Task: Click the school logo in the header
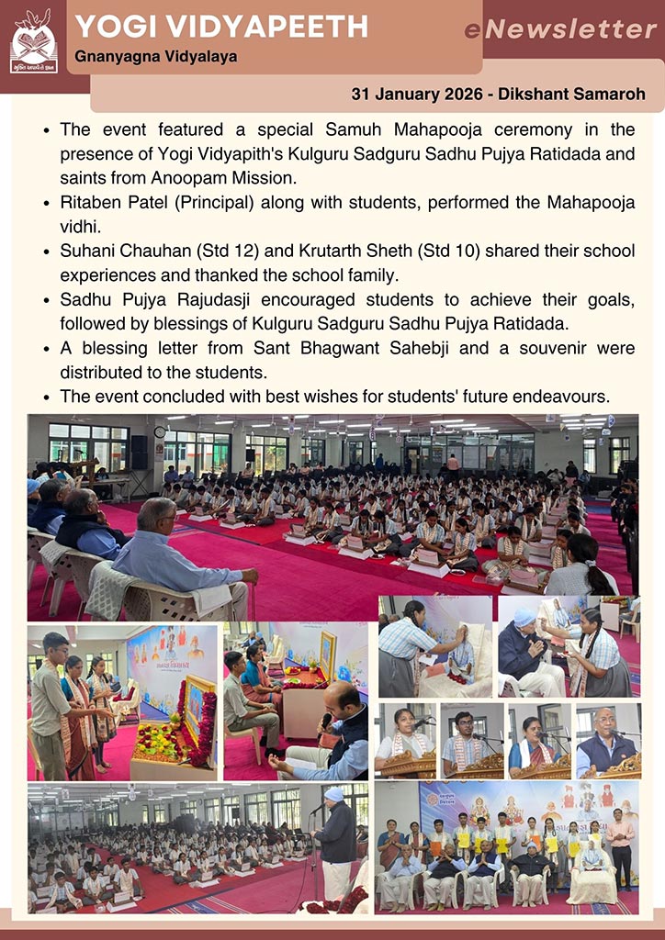click(x=34, y=41)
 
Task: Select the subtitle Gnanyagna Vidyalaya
click(x=156, y=57)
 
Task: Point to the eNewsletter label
click(x=560, y=30)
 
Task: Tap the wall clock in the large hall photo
click(x=160, y=431)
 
